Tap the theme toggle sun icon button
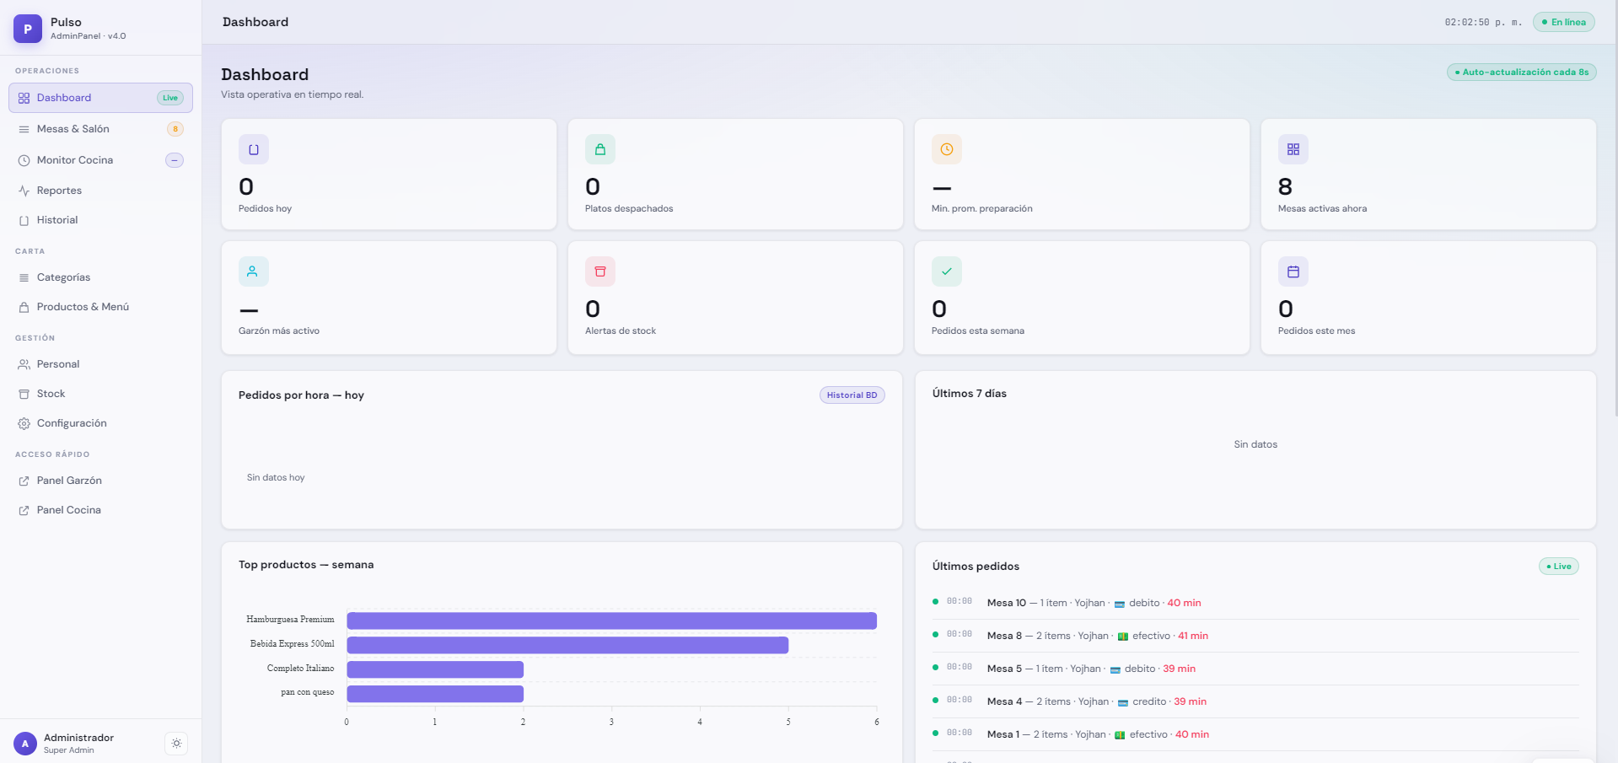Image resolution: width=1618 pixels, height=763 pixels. (176, 744)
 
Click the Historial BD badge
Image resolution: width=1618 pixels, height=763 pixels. (852, 395)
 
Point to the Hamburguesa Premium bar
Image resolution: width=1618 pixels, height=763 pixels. (612, 621)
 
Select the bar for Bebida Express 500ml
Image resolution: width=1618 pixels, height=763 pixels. (567, 645)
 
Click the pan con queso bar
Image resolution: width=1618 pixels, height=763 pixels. (435, 694)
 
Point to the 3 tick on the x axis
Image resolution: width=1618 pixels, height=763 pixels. (611, 722)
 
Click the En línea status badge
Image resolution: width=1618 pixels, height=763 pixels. (1564, 22)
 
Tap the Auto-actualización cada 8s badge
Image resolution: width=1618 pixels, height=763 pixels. (1522, 73)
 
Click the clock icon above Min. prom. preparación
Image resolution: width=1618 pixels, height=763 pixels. (947, 149)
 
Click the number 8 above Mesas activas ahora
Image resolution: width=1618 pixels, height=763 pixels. (1285, 186)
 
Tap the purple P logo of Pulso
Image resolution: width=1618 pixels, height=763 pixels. (28, 29)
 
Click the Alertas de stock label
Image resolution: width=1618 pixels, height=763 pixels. (621, 331)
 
